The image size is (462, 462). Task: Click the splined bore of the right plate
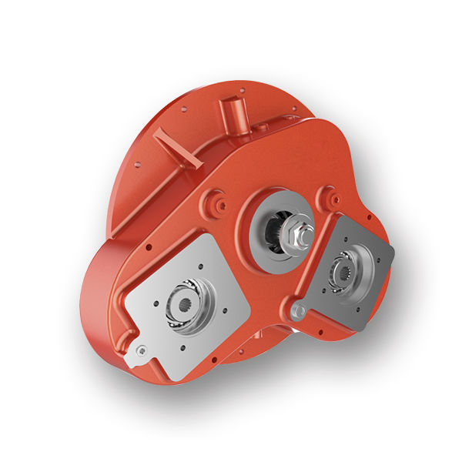pyautogui.click(x=343, y=269)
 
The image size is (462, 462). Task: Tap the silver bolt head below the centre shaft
pyautogui.click(x=300, y=310)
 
